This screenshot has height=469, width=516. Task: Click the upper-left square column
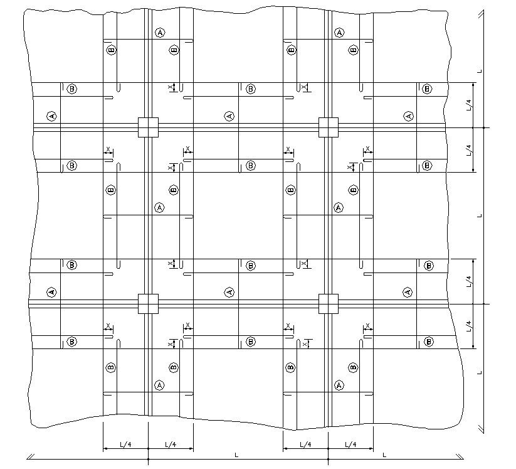pyautogui.click(x=148, y=127)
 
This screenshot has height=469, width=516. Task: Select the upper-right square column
pyautogui.click(x=328, y=127)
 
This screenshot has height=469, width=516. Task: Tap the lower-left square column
pyautogui.click(x=148, y=303)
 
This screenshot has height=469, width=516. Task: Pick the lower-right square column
pyautogui.click(x=328, y=303)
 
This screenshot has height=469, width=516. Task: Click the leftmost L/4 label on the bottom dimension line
pyautogui.click(x=125, y=445)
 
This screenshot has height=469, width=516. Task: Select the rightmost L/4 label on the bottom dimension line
pyautogui.click(x=350, y=445)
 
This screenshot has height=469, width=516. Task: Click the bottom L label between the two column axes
pyautogui.click(x=236, y=454)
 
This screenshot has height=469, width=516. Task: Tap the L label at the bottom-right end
pyautogui.click(x=384, y=454)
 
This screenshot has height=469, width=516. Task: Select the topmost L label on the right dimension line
pyautogui.click(x=480, y=72)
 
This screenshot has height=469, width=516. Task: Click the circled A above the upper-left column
pyautogui.click(x=160, y=32)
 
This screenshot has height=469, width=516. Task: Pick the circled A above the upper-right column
pyautogui.click(x=339, y=32)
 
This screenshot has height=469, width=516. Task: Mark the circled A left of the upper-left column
pyautogui.click(x=51, y=116)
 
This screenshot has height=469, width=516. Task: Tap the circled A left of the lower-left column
pyautogui.click(x=51, y=292)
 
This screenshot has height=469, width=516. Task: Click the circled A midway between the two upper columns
pyautogui.click(x=229, y=116)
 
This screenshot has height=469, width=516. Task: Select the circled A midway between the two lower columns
pyautogui.click(x=229, y=292)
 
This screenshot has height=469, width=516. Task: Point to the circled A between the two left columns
pyautogui.click(x=159, y=207)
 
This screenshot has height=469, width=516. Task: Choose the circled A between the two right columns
pyautogui.click(x=339, y=207)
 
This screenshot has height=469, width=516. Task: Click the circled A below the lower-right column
pyautogui.click(x=339, y=385)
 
